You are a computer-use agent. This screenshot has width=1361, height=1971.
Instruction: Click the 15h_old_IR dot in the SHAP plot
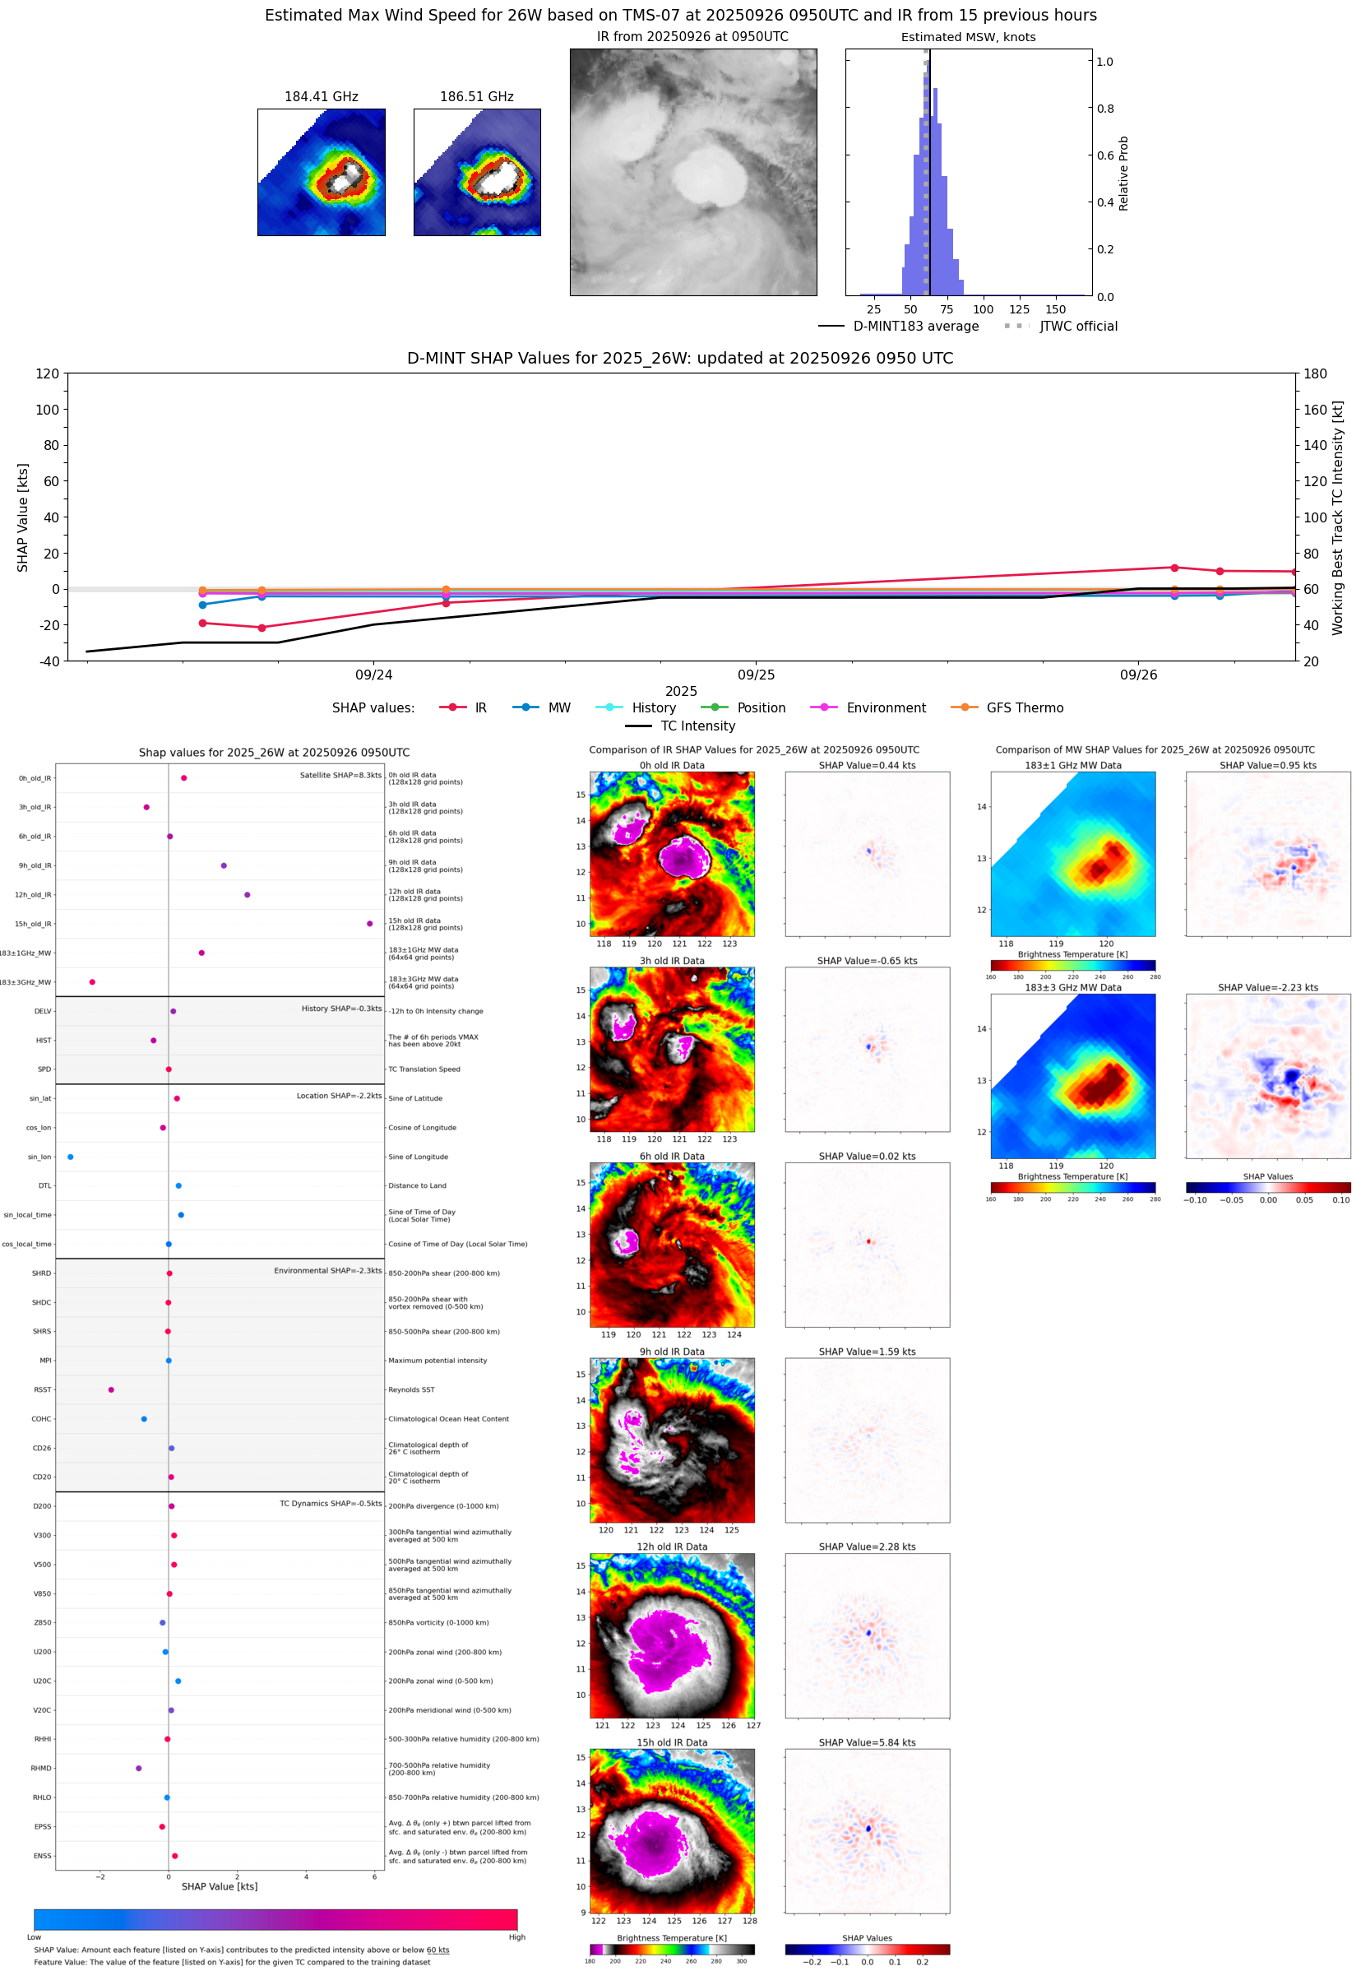click(369, 924)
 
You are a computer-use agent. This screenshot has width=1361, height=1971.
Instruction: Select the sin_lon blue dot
click(70, 1157)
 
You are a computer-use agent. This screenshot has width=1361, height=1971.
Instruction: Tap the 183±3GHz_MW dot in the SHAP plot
click(92, 981)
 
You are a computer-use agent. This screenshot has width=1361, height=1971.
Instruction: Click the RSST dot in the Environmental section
click(111, 1389)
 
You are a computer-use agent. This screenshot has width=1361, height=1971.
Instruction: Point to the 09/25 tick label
click(756, 675)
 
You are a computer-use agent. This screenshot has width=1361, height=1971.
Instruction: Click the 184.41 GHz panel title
click(321, 97)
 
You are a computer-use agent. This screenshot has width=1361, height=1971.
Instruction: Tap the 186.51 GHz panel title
click(477, 97)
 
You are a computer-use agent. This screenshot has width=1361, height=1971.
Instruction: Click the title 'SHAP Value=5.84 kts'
click(867, 1742)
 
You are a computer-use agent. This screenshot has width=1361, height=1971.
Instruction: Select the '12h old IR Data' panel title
click(672, 1547)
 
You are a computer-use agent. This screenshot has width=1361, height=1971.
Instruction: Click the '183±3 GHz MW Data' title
click(1073, 988)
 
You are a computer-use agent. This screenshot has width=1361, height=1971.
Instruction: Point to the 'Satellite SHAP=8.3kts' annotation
click(340, 775)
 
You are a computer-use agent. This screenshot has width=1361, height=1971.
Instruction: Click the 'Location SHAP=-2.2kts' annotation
click(339, 1096)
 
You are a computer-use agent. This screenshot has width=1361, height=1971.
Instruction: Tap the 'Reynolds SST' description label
click(411, 1389)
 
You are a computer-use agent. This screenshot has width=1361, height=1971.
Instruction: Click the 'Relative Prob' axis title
click(1123, 173)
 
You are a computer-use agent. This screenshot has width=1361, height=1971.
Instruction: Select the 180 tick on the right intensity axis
click(1315, 373)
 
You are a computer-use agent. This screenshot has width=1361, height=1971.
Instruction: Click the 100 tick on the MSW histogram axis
click(984, 309)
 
